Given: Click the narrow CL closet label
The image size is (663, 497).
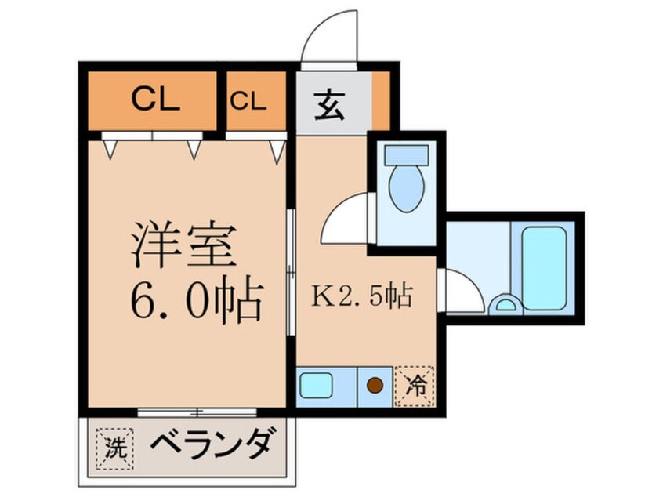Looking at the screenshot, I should tap(248, 100).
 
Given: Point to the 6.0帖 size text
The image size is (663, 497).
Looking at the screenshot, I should tap(196, 302).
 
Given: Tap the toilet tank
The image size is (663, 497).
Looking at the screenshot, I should tap(407, 156).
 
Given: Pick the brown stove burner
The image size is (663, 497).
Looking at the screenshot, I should tap(375, 386).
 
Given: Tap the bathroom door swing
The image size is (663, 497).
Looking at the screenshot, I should tap(462, 292).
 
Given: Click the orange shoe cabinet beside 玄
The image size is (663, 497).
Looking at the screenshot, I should tap(380, 101).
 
